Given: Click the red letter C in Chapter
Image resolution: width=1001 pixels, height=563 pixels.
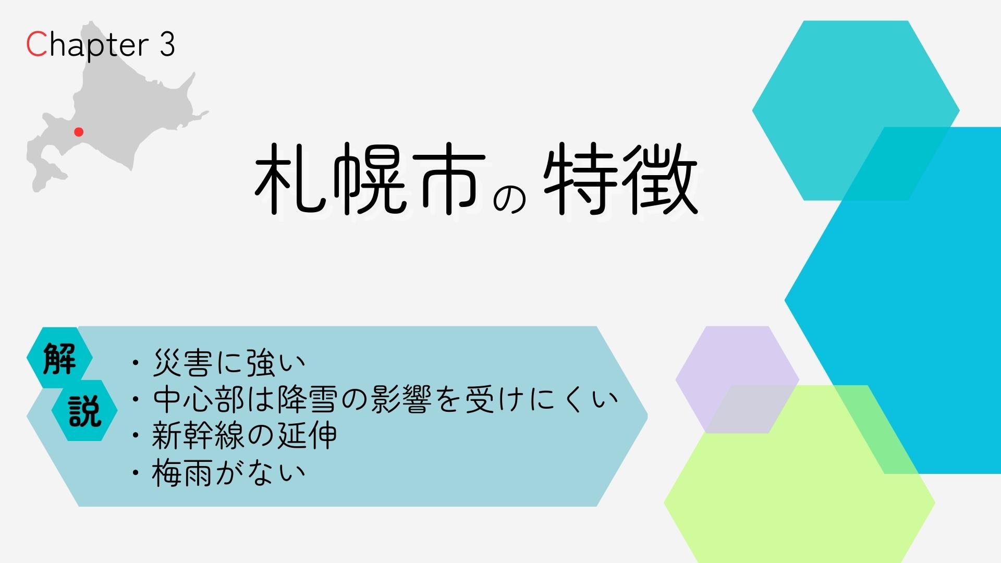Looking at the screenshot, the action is tap(36, 44).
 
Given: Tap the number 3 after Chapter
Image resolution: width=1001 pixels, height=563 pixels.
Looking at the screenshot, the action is tap(167, 44).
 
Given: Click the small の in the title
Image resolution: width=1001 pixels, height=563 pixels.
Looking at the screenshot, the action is tap(509, 199).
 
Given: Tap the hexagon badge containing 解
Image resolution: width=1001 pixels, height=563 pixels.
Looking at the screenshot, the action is tap(59, 358).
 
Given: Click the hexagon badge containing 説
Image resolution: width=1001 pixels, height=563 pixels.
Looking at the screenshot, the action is tap(84, 410).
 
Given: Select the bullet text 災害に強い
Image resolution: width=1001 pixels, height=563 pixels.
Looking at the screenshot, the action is tap(229, 363).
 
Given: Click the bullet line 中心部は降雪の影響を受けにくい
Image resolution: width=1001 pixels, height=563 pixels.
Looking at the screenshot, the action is tap(385, 399).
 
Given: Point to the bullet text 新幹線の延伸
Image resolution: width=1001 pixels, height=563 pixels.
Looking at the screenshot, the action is tap(245, 436).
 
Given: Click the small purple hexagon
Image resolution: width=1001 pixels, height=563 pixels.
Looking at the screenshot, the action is tap(737, 380).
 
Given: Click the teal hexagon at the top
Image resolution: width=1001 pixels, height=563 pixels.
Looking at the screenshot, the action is tap(856, 111).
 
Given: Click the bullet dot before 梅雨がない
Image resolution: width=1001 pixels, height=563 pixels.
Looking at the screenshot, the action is tap(137, 473).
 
